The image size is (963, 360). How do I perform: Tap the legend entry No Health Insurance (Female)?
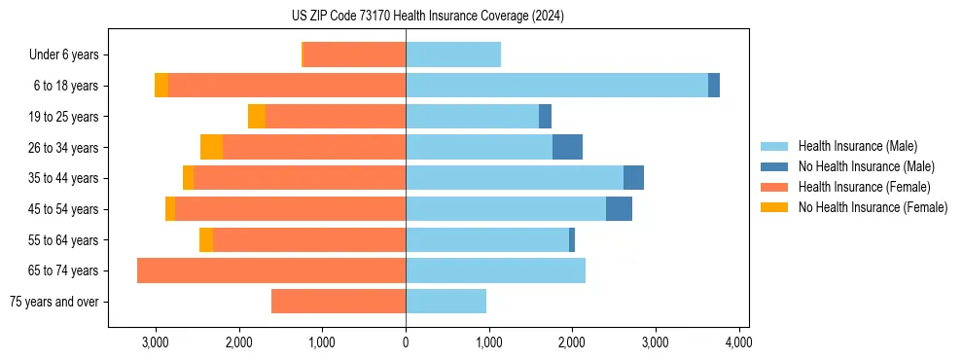point(873,207)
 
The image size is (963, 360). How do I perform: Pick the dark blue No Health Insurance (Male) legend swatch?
point(775,166)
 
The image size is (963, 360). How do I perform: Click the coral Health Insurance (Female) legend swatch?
point(775,187)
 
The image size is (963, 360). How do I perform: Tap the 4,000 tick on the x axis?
point(738,342)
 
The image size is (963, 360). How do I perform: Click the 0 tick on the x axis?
point(406,342)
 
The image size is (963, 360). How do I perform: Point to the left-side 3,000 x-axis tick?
point(156,342)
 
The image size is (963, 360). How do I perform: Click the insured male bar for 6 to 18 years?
point(556,86)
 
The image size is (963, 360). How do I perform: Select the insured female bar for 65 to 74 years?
point(271,270)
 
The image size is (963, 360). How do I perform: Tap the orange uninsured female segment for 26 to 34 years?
point(211,147)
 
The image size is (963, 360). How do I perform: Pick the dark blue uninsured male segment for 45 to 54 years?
point(619,209)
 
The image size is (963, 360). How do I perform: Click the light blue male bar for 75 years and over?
point(446,302)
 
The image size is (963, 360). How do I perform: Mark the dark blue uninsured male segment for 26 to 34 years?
point(567,147)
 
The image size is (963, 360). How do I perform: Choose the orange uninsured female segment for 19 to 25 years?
point(257,117)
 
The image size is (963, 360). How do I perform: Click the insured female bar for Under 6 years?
point(355,55)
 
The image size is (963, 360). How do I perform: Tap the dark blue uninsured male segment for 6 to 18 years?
point(714,86)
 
